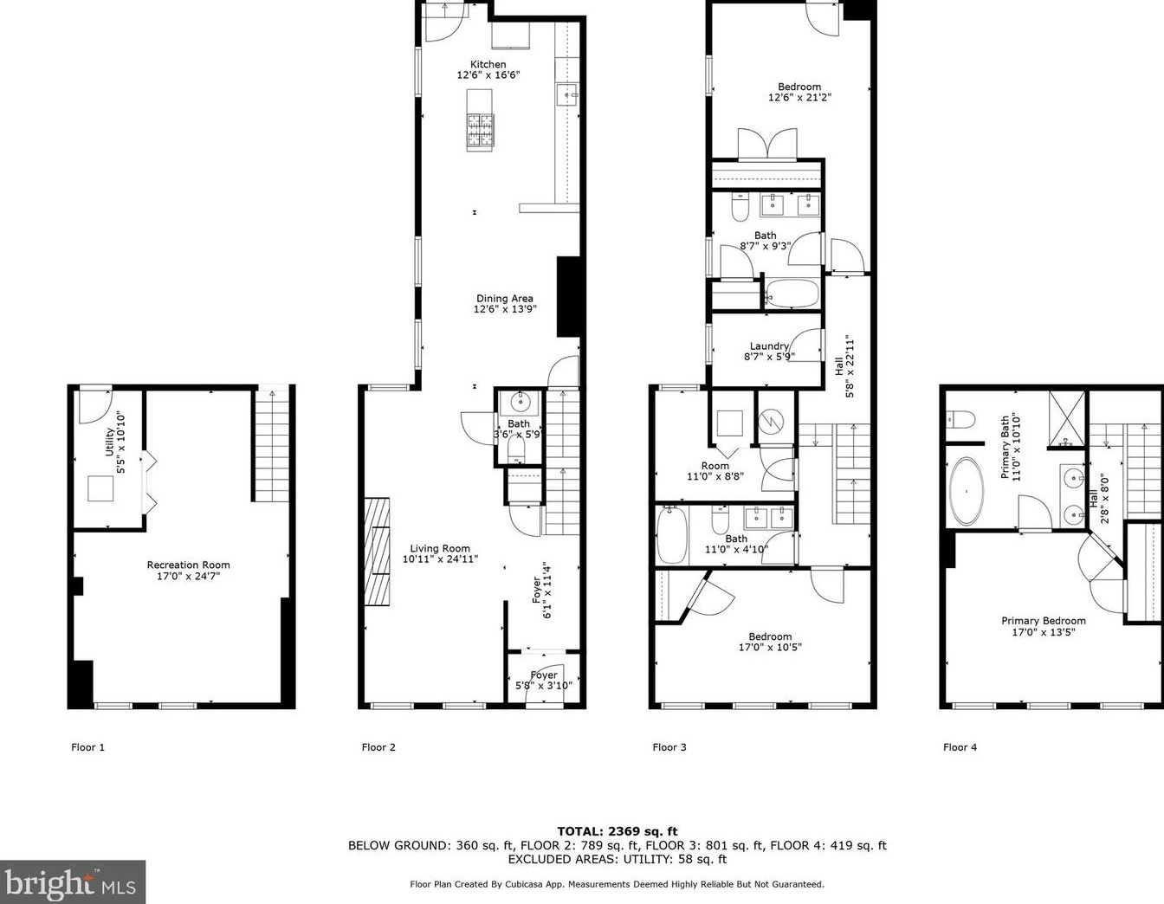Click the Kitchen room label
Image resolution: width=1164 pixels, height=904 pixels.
(x=488, y=69)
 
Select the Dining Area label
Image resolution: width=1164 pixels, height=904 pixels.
(x=505, y=304)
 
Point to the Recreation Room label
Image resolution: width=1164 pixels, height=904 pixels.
(x=188, y=570)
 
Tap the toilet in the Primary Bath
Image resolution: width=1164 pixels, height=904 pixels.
(x=960, y=420)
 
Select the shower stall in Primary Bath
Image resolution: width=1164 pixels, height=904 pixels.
(x=1066, y=419)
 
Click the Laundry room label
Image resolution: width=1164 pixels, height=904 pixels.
(x=769, y=351)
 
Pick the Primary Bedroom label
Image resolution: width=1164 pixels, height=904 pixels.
(x=1043, y=626)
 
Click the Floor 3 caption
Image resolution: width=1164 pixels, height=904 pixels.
(x=669, y=747)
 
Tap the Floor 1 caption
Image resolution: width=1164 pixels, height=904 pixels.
(x=87, y=747)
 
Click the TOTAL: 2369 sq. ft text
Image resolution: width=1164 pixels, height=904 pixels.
(x=617, y=831)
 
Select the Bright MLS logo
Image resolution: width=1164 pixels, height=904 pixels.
(x=72, y=882)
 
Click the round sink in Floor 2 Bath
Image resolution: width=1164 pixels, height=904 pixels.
(x=521, y=403)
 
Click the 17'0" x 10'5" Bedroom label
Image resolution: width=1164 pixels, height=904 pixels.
(x=770, y=642)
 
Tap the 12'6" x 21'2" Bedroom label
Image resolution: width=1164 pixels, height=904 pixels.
(x=799, y=92)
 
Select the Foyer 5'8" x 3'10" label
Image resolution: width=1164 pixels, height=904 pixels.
(x=544, y=681)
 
